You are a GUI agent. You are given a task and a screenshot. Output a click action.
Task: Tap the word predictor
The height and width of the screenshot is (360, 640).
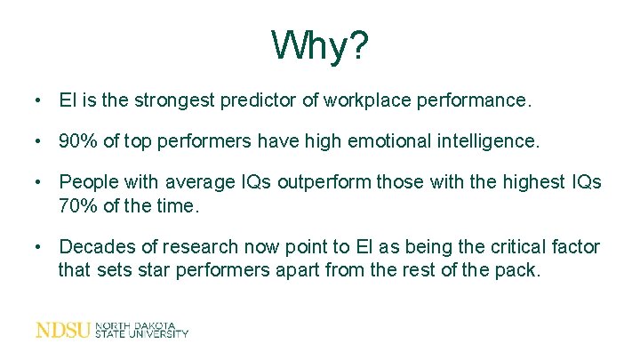(259, 100)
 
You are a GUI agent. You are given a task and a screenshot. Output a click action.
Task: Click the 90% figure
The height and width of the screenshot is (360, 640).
(77, 140)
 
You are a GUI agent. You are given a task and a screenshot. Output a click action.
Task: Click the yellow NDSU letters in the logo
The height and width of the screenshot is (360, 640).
(62, 330)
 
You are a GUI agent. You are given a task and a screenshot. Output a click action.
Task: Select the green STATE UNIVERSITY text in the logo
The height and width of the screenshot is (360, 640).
(142, 334)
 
